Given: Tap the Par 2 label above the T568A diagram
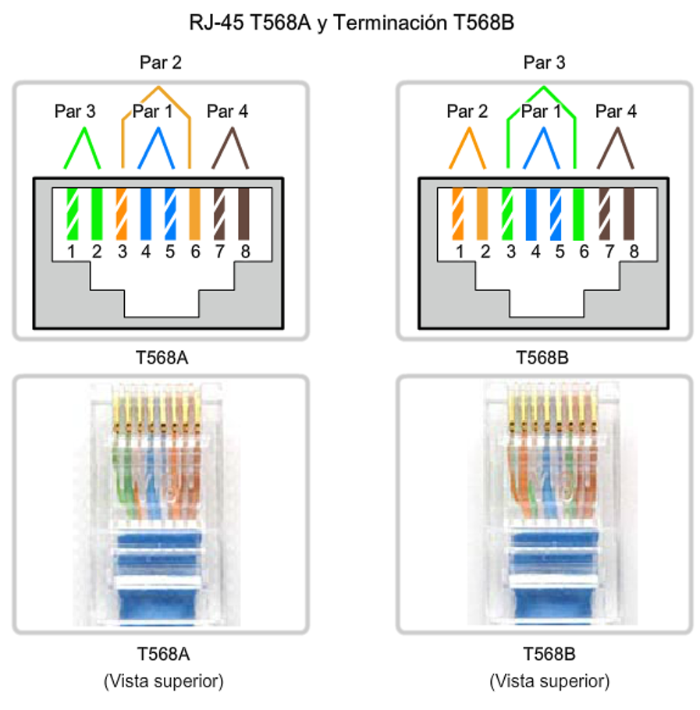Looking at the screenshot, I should point(161,62).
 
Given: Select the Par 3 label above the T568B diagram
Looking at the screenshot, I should point(544,62).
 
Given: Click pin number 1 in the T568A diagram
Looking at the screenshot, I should point(71,252).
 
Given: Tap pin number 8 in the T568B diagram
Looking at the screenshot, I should point(634,252).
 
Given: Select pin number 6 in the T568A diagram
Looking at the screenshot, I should point(195,252).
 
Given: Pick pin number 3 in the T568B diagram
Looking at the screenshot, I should point(510,252).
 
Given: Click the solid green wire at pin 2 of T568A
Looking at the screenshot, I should point(97,215).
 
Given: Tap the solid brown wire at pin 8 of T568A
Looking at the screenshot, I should point(244,215).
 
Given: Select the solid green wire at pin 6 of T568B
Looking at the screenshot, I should point(579,215).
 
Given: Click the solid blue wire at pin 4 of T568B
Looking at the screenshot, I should point(531,215).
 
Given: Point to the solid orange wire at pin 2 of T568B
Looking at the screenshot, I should point(482,215).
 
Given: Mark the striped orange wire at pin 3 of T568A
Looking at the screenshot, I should point(122,215).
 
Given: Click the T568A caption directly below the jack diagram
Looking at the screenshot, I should point(162,358).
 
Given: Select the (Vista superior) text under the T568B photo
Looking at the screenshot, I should point(549,680).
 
